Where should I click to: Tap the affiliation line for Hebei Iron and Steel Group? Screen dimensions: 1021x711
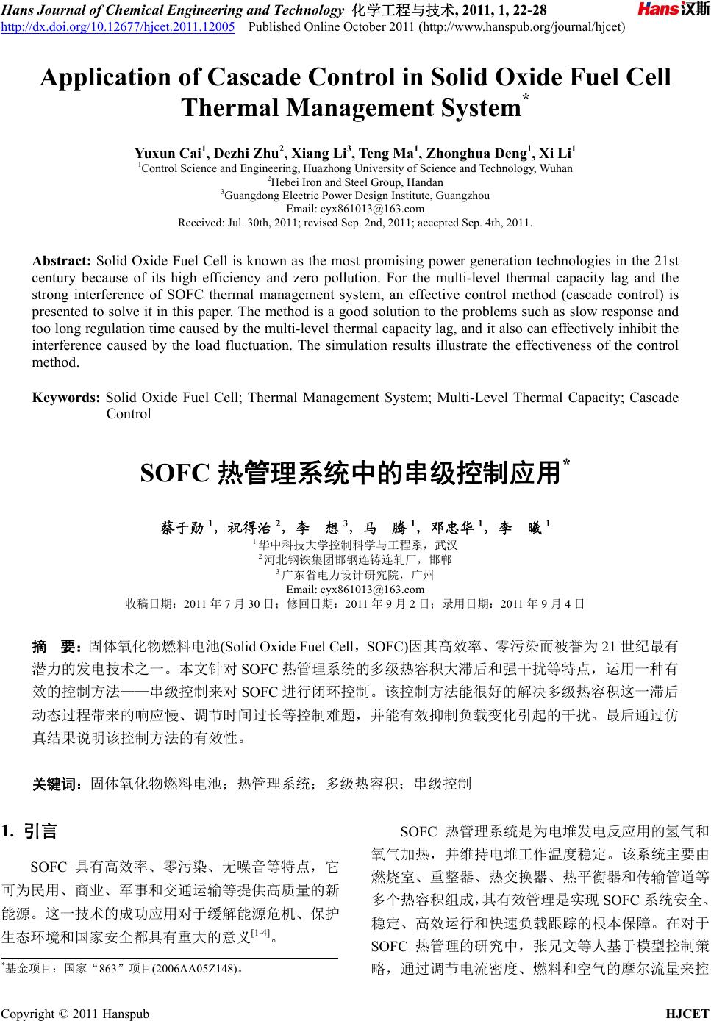pyautogui.click(x=355, y=182)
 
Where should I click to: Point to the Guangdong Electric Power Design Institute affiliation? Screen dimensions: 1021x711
pyautogui.click(x=355, y=196)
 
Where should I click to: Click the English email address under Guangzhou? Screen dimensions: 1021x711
pyautogui.click(x=355, y=209)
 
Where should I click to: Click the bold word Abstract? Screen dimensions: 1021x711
pyautogui.click(x=62, y=261)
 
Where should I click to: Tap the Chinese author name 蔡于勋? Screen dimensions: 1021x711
pyautogui.click(x=182, y=528)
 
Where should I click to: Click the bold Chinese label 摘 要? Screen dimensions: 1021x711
pyautogui.click(x=56, y=647)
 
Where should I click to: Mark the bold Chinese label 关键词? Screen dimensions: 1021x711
pyautogui.click(x=56, y=784)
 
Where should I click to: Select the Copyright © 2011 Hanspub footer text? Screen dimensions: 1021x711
pyautogui.click(x=75, y=1013)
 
